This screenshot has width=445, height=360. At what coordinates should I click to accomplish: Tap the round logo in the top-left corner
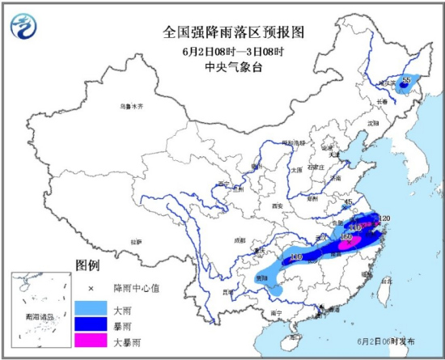click(x=23, y=26)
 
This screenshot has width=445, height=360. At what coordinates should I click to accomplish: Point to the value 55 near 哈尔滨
click(x=407, y=77)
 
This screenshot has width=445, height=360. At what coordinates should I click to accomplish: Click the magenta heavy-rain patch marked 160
click(x=350, y=239)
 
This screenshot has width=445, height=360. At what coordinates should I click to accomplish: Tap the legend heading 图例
click(x=87, y=265)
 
